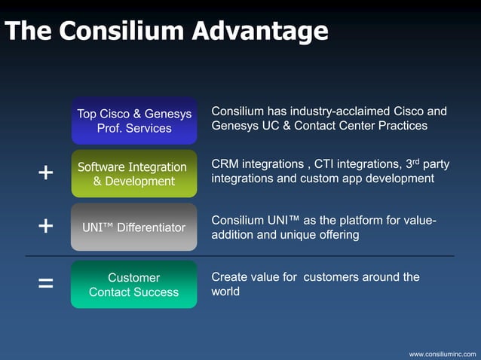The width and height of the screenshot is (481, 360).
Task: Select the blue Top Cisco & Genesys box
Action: (x=134, y=121)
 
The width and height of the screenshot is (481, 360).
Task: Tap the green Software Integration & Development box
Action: (x=134, y=173)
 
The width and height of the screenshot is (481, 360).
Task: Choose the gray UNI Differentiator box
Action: (x=134, y=227)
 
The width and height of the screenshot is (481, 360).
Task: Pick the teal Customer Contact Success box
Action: (x=134, y=284)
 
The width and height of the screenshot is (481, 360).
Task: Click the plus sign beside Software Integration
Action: (x=45, y=173)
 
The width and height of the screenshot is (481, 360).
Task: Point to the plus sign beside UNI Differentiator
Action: (x=45, y=226)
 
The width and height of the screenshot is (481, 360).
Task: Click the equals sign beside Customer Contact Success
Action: (x=45, y=284)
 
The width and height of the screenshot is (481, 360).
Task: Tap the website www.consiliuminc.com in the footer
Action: (x=443, y=353)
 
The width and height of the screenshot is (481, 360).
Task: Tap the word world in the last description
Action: (x=225, y=291)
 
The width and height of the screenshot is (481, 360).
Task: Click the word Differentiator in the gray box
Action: (x=150, y=227)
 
